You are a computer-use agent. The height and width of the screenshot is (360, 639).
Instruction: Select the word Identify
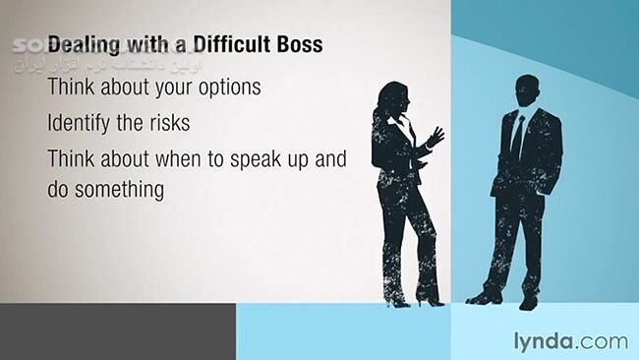[83, 125]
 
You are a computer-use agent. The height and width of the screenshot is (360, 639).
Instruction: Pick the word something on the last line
[119, 190]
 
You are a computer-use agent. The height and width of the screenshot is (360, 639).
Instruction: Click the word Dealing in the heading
[84, 45]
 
